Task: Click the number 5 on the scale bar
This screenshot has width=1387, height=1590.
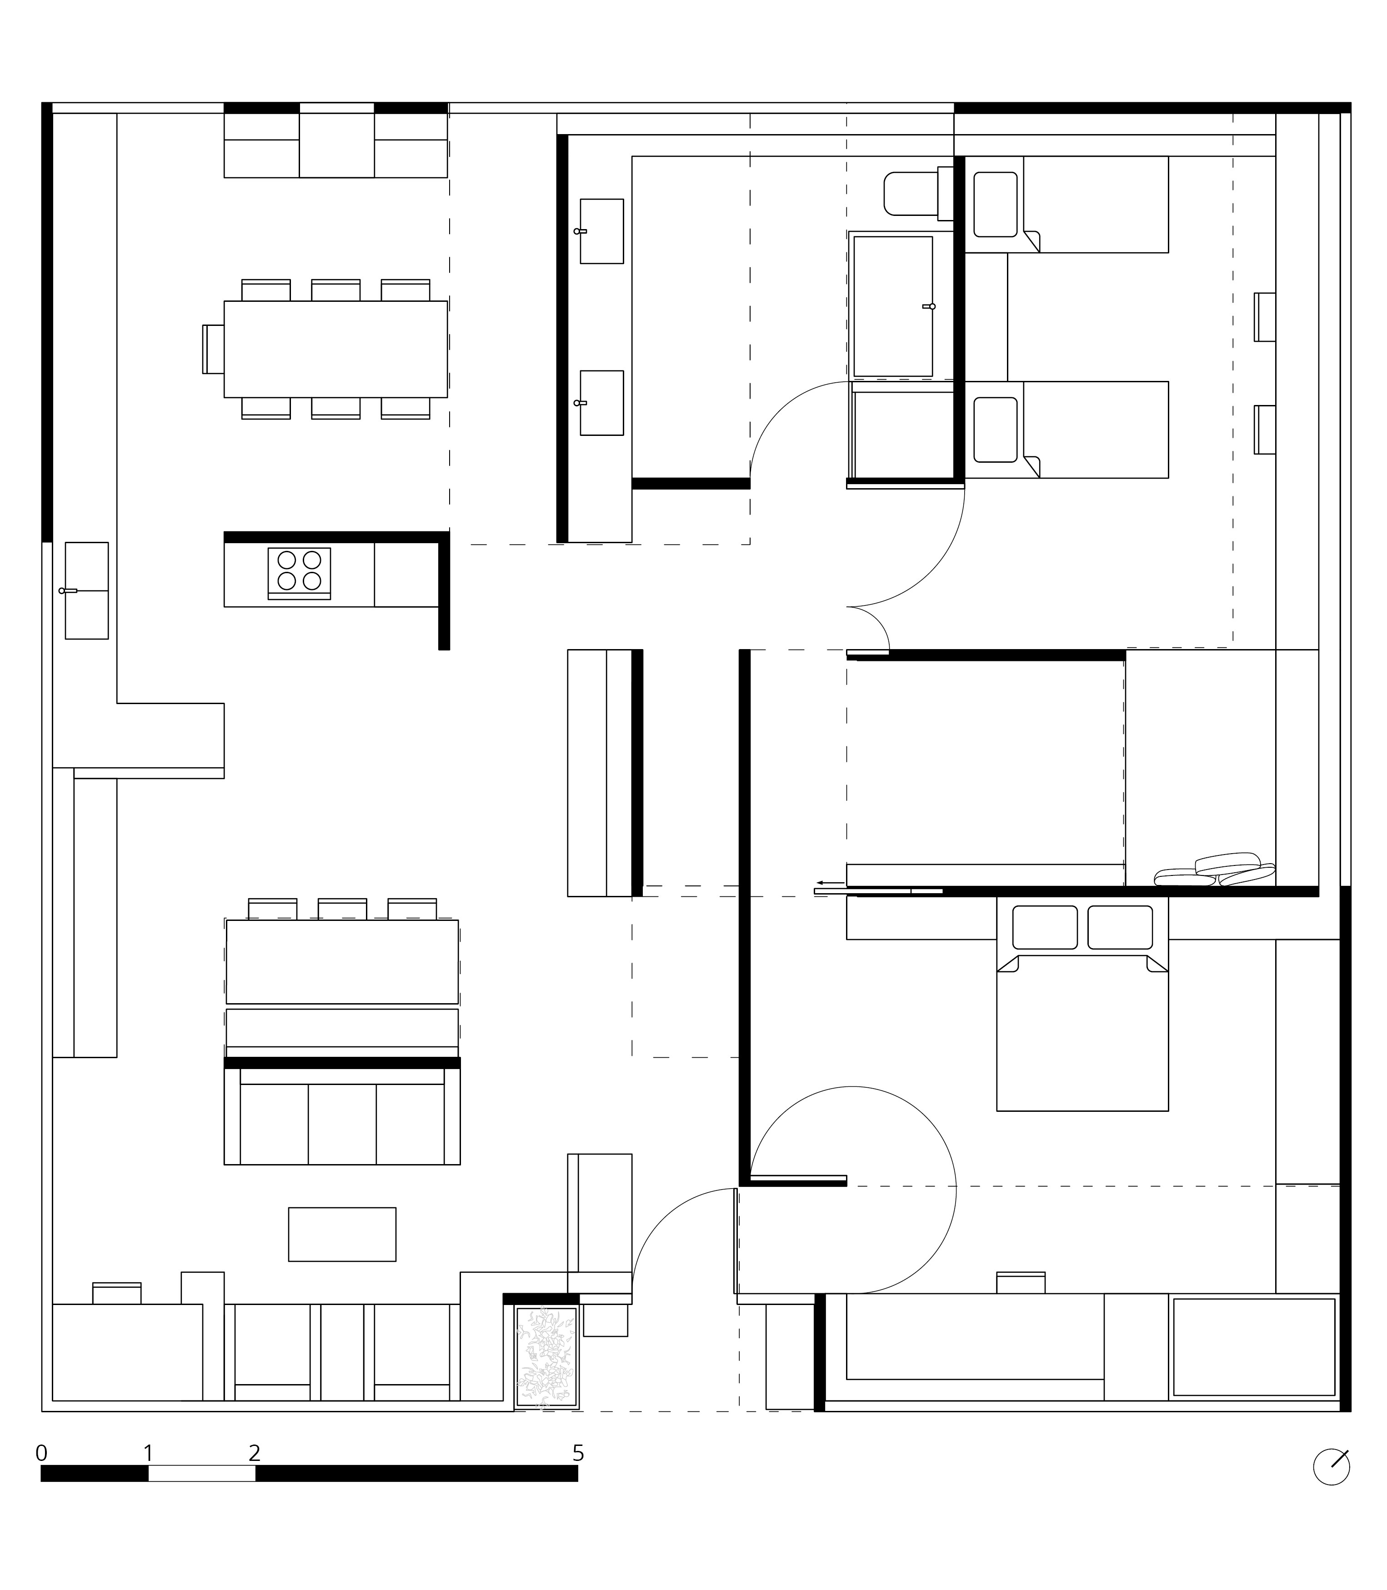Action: coord(578,1453)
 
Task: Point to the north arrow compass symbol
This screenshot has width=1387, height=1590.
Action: coord(1331,1467)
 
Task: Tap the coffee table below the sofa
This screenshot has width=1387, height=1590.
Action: coord(342,1234)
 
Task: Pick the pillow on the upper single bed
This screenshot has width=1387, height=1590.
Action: coord(996,204)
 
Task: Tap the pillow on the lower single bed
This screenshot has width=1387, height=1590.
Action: coord(996,430)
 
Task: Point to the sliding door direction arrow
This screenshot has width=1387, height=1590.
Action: coord(831,882)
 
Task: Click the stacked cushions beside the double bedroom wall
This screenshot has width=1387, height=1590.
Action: coord(1214,870)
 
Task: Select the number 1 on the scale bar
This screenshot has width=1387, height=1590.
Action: coord(148,1453)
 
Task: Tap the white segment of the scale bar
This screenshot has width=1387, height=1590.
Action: coord(202,1474)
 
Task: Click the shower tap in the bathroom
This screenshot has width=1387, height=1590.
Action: coord(929,306)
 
